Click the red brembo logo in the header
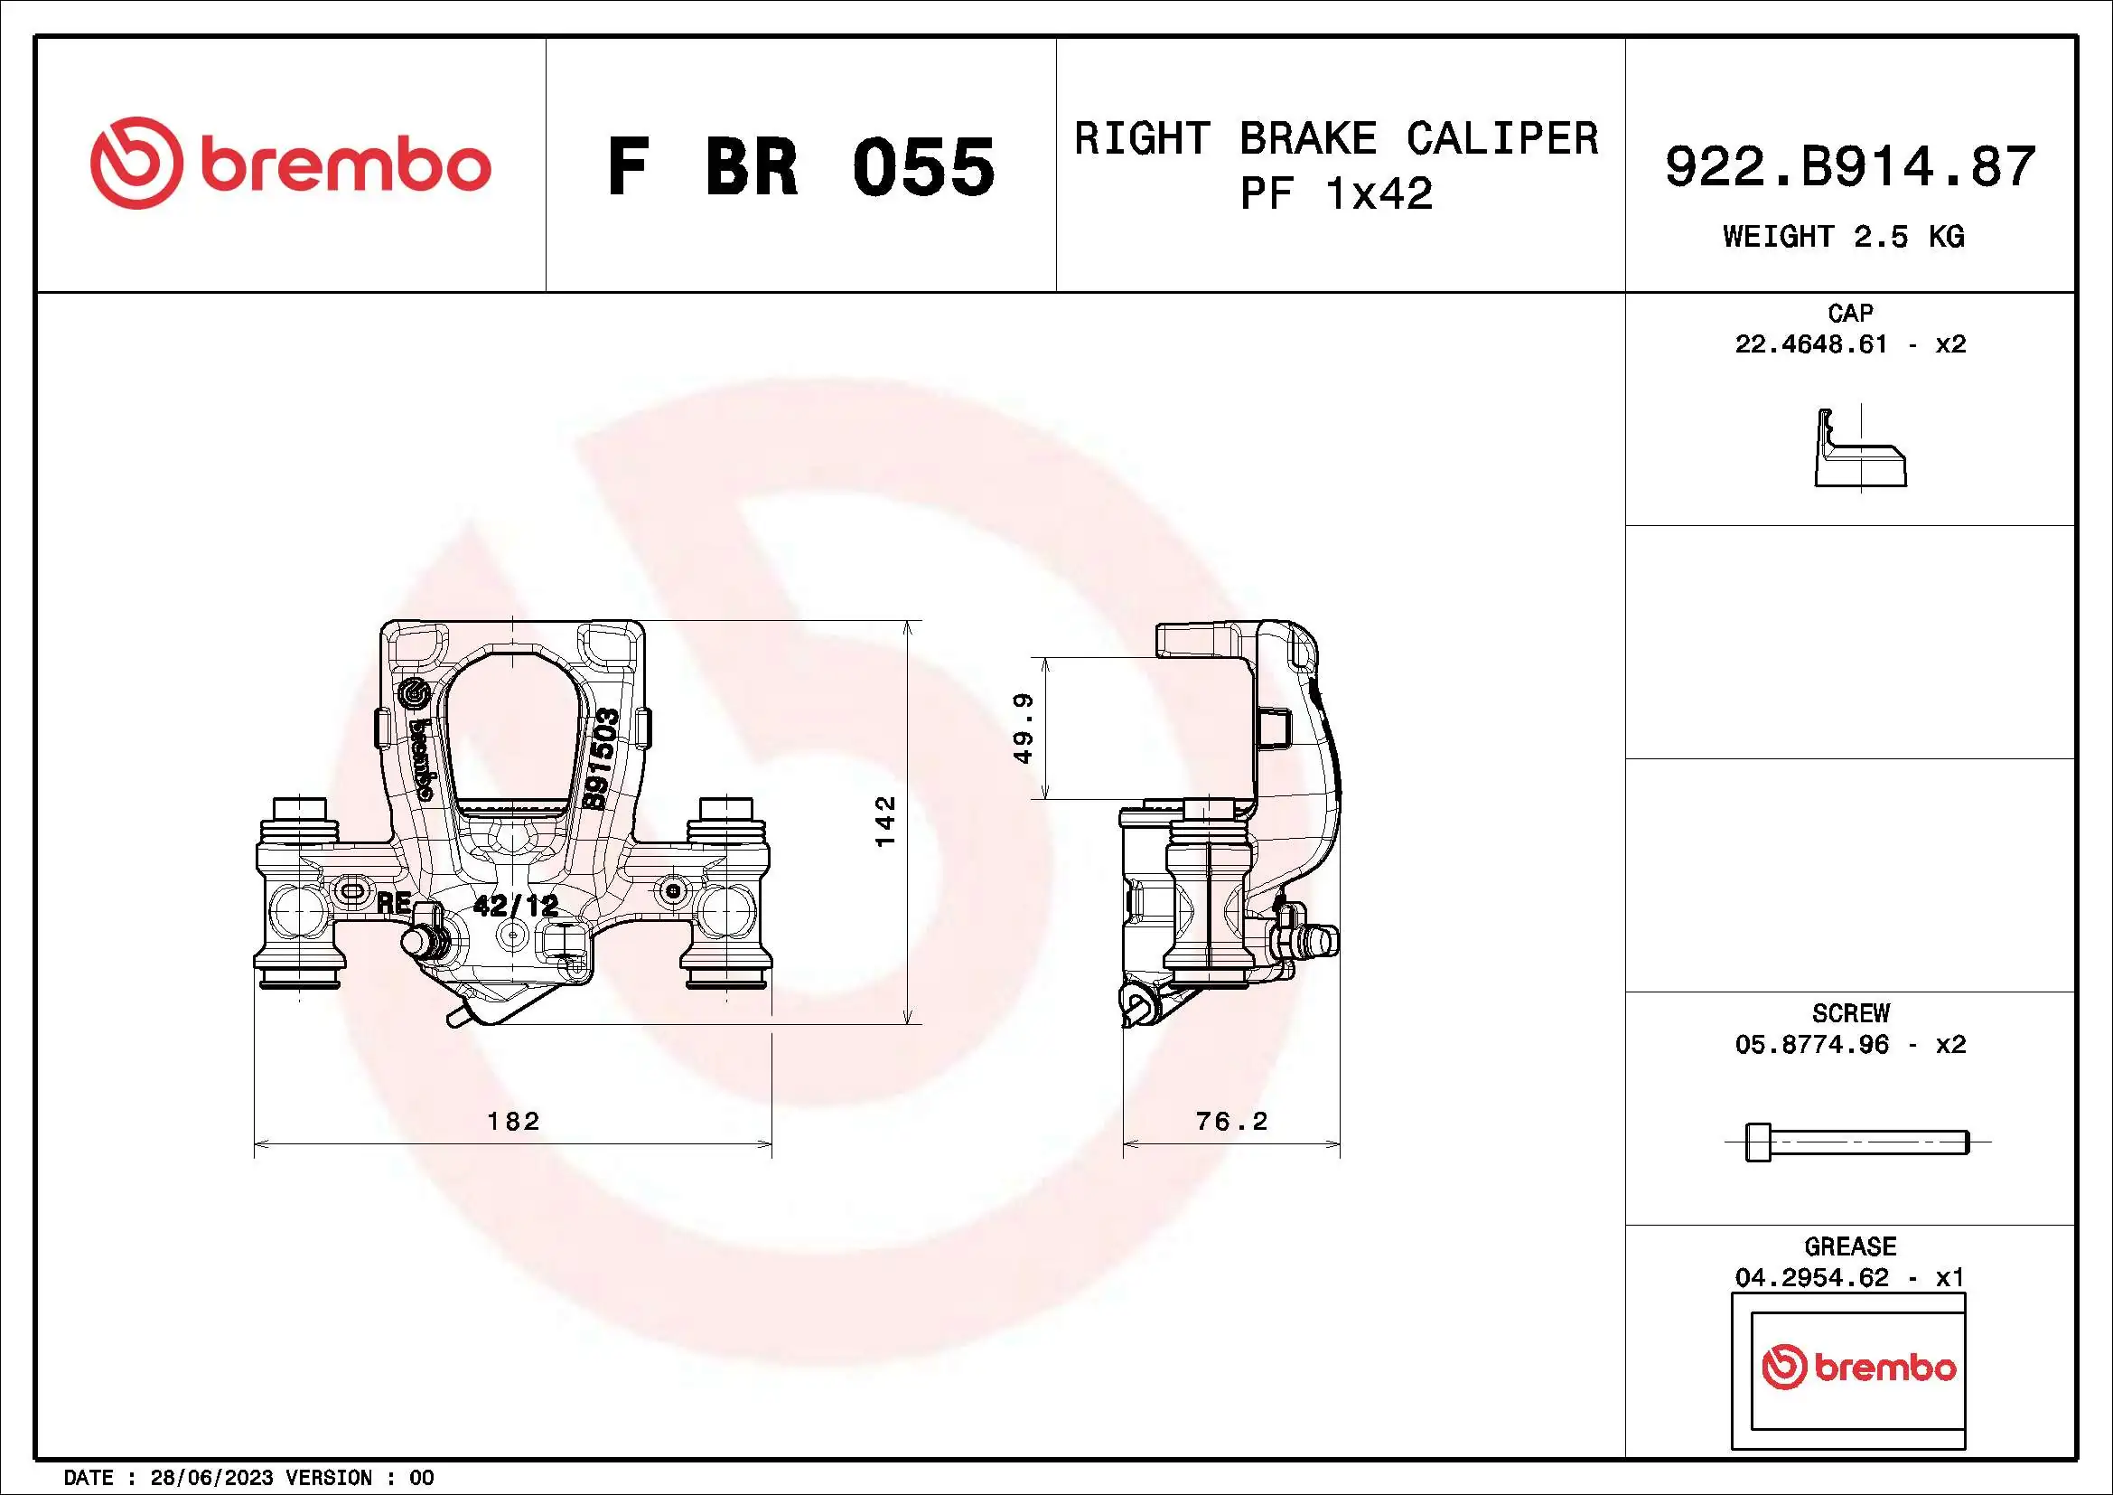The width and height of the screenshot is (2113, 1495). [x=290, y=163]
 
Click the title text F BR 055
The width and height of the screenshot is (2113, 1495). [x=799, y=167]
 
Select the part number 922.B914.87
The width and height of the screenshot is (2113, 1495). [x=1850, y=166]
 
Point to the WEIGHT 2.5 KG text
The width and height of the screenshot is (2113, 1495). [x=1844, y=237]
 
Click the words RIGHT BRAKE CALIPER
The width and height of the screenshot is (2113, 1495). [x=1335, y=139]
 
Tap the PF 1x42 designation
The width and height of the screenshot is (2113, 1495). [x=1335, y=194]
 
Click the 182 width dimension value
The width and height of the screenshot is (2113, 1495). [x=513, y=1120]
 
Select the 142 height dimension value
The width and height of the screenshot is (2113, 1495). [x=884, y=821]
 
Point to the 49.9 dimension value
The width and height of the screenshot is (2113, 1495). [x=1024, y=729]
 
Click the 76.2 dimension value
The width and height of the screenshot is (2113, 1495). [x=1231, y=1120]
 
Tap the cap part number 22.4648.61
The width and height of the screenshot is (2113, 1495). [x=1810, y=344]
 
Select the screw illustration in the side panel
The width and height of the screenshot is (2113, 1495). [x=1856, y=1142]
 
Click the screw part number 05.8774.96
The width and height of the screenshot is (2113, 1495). [x=1810, y=1044]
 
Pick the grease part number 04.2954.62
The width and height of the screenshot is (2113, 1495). [x=1810, y=1278]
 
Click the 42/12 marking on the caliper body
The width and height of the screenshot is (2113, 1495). [x=515, y=906]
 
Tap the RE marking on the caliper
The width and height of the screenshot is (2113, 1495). [x=394, y=903]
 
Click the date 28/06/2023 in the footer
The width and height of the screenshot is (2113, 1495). [x=210, y=1478]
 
